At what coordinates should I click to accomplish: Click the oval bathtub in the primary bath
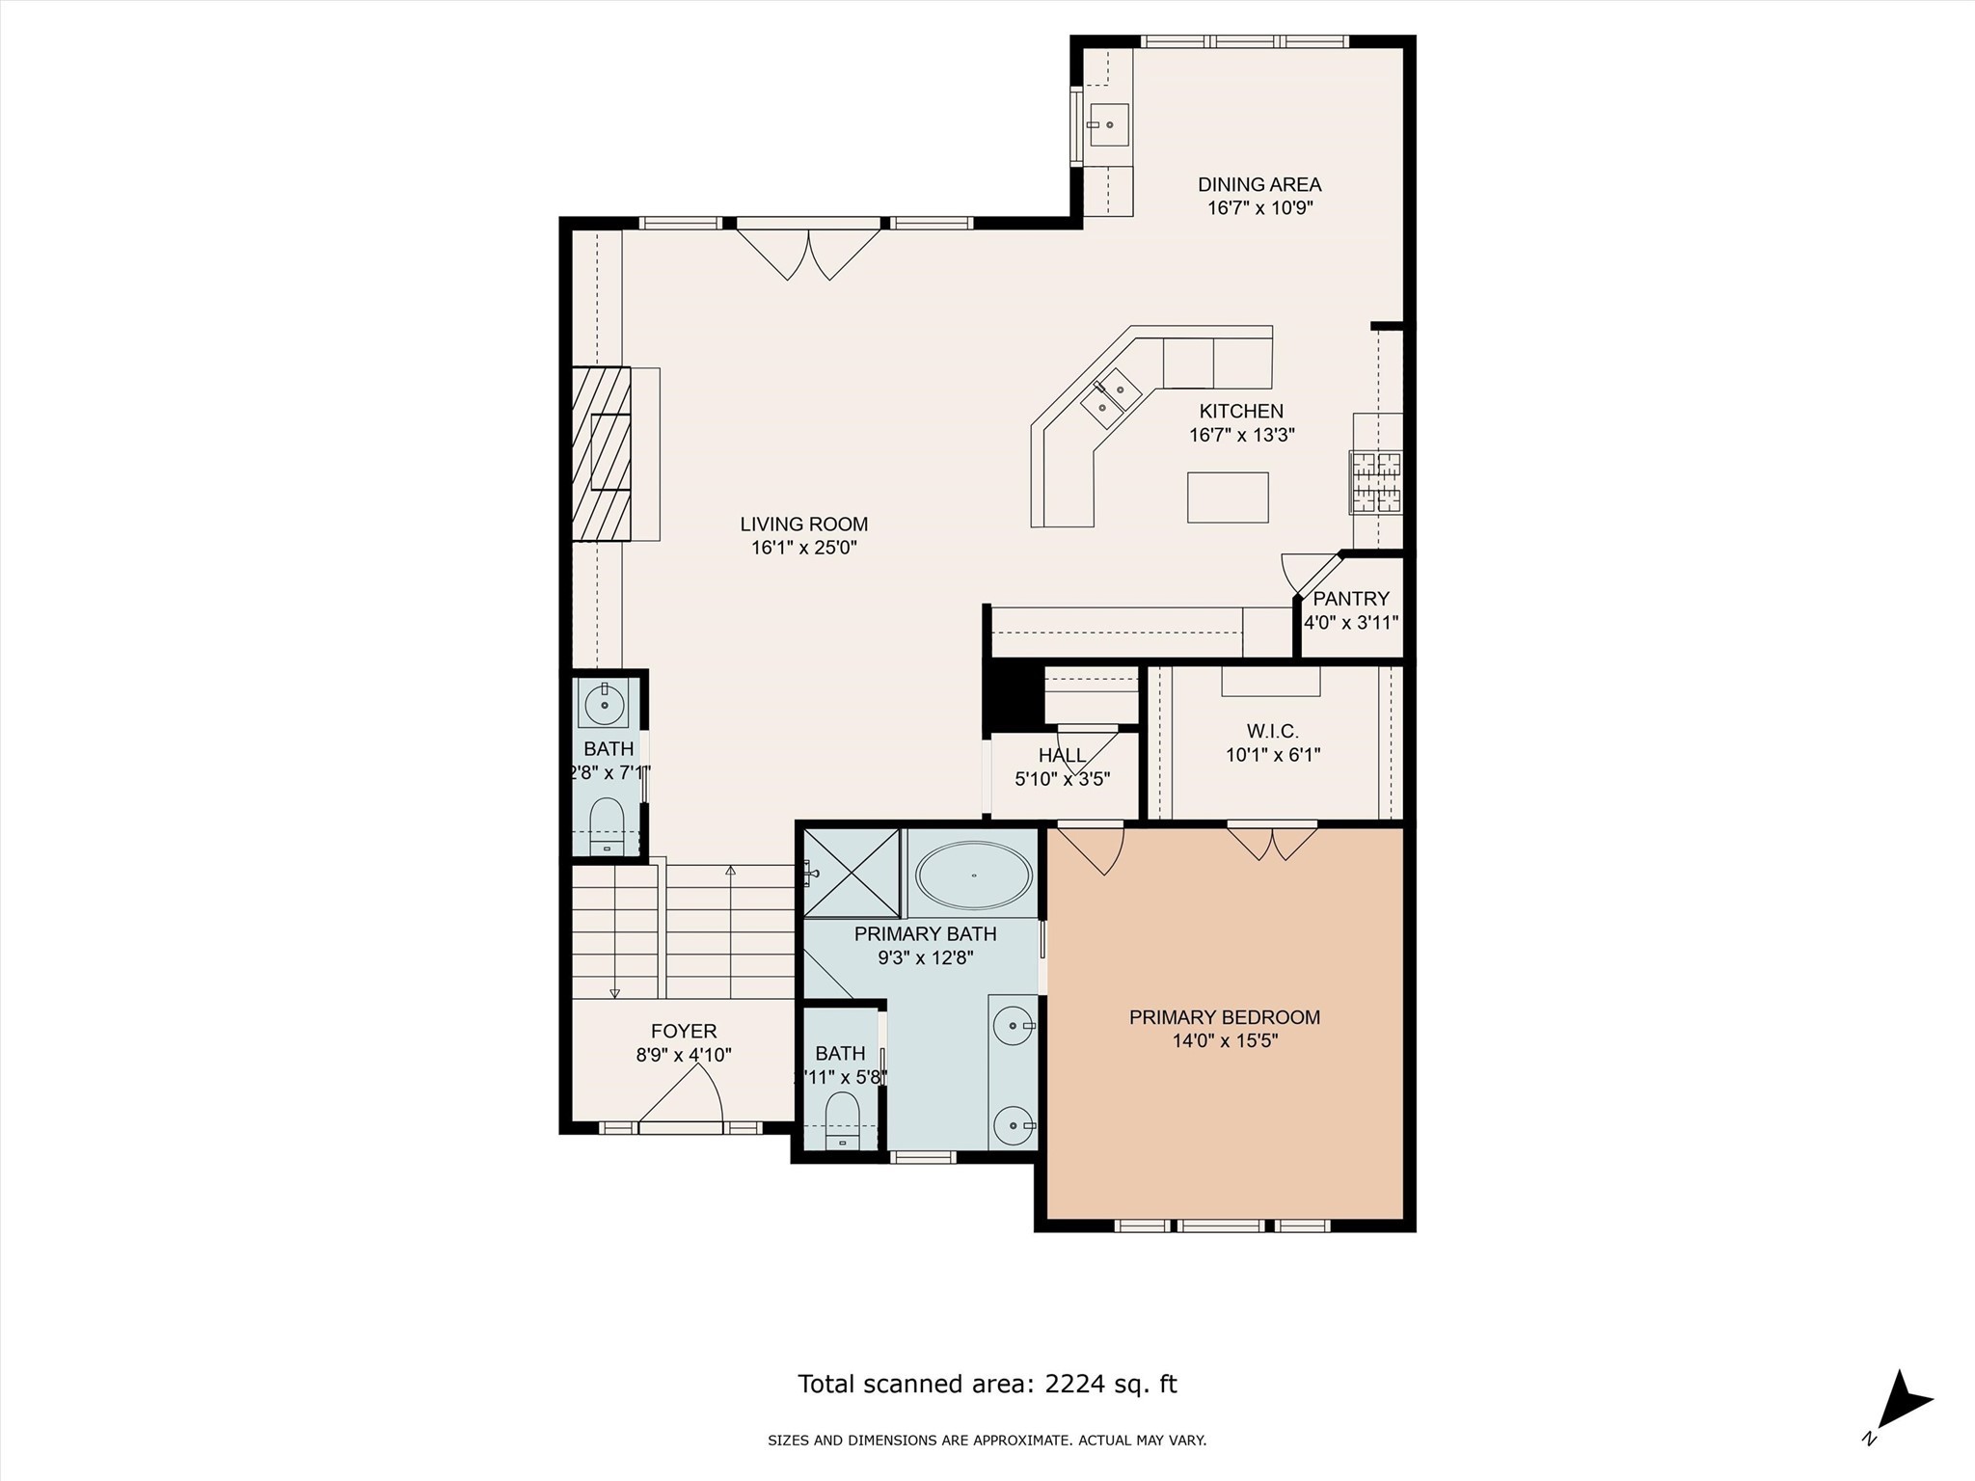click(973, 875)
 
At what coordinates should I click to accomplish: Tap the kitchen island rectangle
click(1228, 498)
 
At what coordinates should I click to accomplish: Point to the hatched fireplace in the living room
click(601, 453)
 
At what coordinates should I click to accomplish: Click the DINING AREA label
click(1259, 184)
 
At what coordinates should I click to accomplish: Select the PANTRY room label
click(1351, 599)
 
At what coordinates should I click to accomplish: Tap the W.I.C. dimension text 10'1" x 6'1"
click(1273, 755)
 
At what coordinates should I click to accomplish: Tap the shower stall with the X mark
click(851, 873)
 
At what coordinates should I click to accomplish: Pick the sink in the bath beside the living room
click(604, 704)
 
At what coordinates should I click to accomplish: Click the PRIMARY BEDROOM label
click(1225, 1017)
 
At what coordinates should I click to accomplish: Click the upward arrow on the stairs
click(730, 871)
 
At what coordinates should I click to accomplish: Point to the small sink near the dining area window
click(1109, 124)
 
